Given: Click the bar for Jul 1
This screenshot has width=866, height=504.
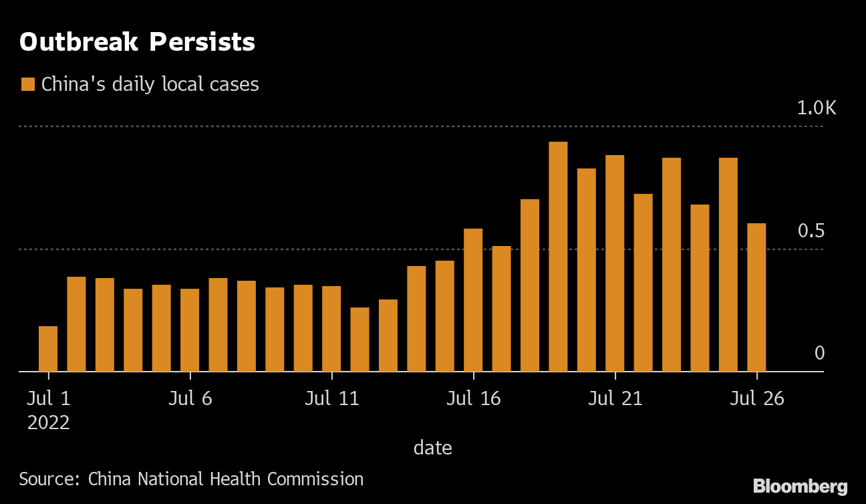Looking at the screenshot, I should coord(48,349).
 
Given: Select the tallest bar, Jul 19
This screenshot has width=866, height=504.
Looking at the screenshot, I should coord(558,257).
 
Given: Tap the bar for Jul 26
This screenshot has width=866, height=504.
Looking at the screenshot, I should coord(756,297).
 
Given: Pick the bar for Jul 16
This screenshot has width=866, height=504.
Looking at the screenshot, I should coord(473,300).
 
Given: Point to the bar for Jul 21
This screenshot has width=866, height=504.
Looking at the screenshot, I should coord(615,263).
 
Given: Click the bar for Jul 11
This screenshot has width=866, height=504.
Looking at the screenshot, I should coord(331,329).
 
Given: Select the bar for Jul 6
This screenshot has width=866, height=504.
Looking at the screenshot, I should coord(190,330).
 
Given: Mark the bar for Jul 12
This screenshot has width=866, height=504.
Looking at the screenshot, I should coord(359,340).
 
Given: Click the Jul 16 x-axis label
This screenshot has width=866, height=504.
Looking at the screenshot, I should coord(473,398).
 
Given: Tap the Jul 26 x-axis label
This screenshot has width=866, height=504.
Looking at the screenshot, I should coord(756,398).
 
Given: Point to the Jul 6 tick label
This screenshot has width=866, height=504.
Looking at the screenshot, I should coord(190,398).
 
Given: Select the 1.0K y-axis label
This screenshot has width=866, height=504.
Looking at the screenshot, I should coord(816,108).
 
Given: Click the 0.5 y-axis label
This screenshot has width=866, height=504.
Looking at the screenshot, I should coord(811,231).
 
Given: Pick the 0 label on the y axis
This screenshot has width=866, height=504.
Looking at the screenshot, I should coord(820,353).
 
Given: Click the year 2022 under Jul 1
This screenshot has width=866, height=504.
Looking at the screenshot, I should coord(48,422).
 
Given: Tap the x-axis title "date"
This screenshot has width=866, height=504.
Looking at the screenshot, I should coord(432,447).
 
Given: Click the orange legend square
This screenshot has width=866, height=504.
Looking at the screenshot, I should coord(28,84).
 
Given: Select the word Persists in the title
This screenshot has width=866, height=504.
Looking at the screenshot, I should coord(202,42).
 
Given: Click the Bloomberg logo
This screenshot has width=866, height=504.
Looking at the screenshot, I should coord(800,486).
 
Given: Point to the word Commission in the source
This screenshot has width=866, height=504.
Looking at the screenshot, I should coord(315,479).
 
